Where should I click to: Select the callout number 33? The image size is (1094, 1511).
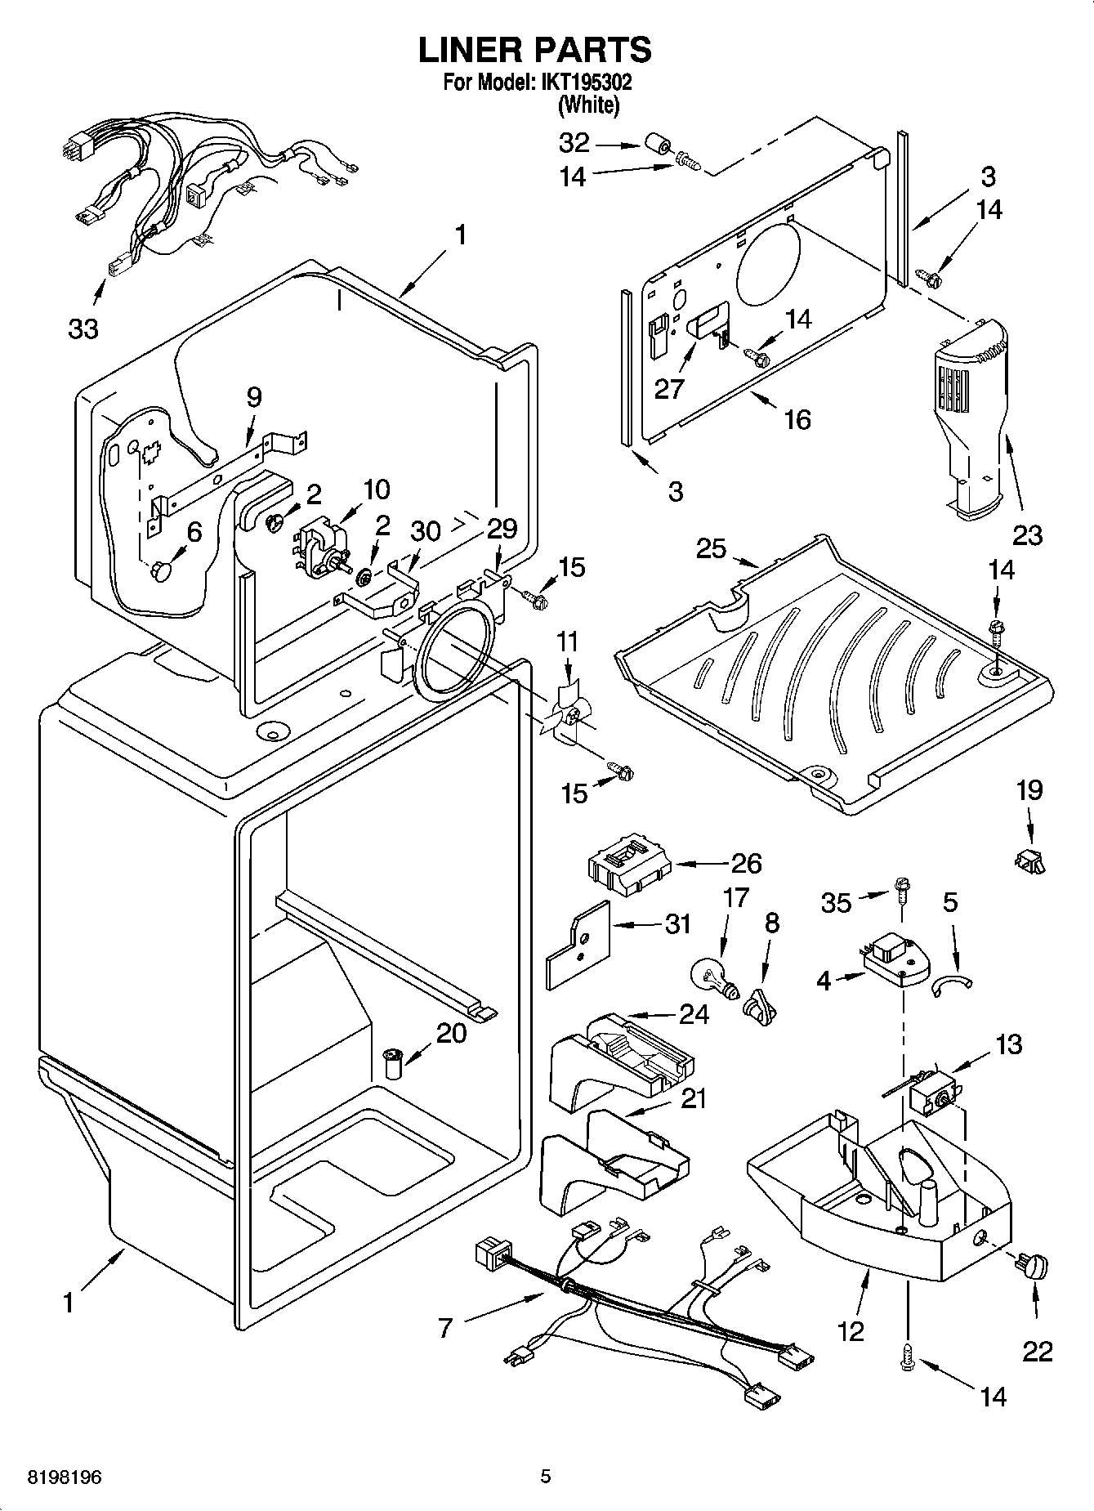click(x=83, y=329)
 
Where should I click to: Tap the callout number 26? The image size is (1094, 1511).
click(x=745, y=863)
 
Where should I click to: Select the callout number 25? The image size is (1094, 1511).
click(x=711, y=548)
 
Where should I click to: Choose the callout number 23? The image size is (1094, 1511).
click(x=1027, y=535)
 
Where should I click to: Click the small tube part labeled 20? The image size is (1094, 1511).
click(x=394, y=1065)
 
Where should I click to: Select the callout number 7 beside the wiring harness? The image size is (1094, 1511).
click(x=444, y=1328)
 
